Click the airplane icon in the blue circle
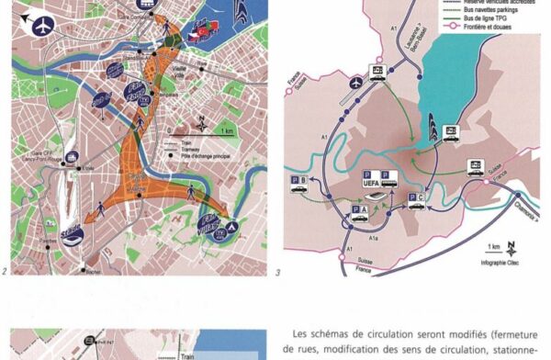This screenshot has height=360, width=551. click(x=41, y=28)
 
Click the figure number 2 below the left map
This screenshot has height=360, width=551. click(x=6, y=271)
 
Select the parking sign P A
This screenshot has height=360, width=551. click(x=360, y=212)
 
